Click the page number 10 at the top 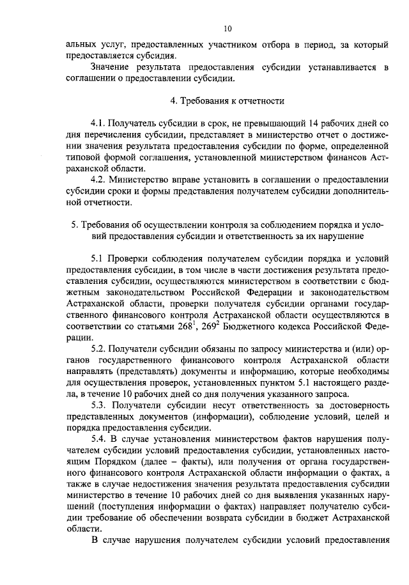point(229,29)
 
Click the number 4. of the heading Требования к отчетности point(174,101)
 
